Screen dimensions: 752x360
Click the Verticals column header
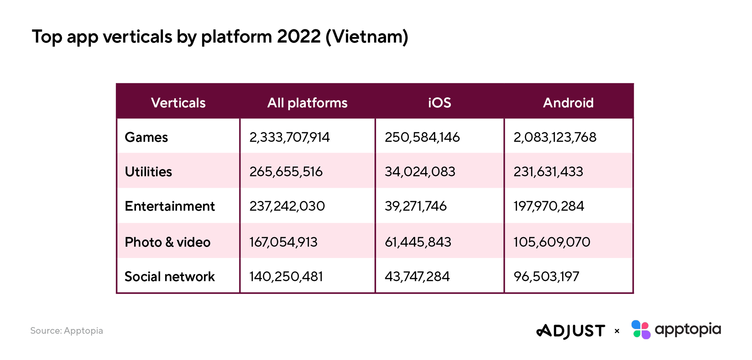(178, 103)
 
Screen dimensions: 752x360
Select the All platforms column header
(307, 103)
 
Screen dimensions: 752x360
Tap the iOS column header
(440, 103)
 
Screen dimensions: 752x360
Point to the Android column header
(568, 103)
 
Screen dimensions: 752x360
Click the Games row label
(146, 137)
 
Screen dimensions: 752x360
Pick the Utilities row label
(148, 172)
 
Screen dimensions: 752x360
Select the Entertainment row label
(170, 206)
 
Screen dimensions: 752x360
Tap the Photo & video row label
(168, 242)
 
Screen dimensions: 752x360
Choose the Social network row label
(170, 277)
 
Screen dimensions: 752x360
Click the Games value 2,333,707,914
(289, 137)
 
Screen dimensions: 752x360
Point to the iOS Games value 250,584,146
(422, 137)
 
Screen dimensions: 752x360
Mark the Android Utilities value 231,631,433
(548, 172)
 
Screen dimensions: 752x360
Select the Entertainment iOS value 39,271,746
(416, 206)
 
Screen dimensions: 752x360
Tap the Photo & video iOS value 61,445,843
(418, 242)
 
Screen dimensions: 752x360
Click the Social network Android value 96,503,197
(546, 277)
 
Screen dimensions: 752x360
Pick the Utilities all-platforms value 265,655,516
(286, 172)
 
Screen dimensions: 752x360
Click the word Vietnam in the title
(367, 37)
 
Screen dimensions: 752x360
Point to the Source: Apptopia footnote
(67, 331)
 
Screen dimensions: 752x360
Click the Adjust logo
(571, 331)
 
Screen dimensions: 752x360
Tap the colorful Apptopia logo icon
(641, 330)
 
